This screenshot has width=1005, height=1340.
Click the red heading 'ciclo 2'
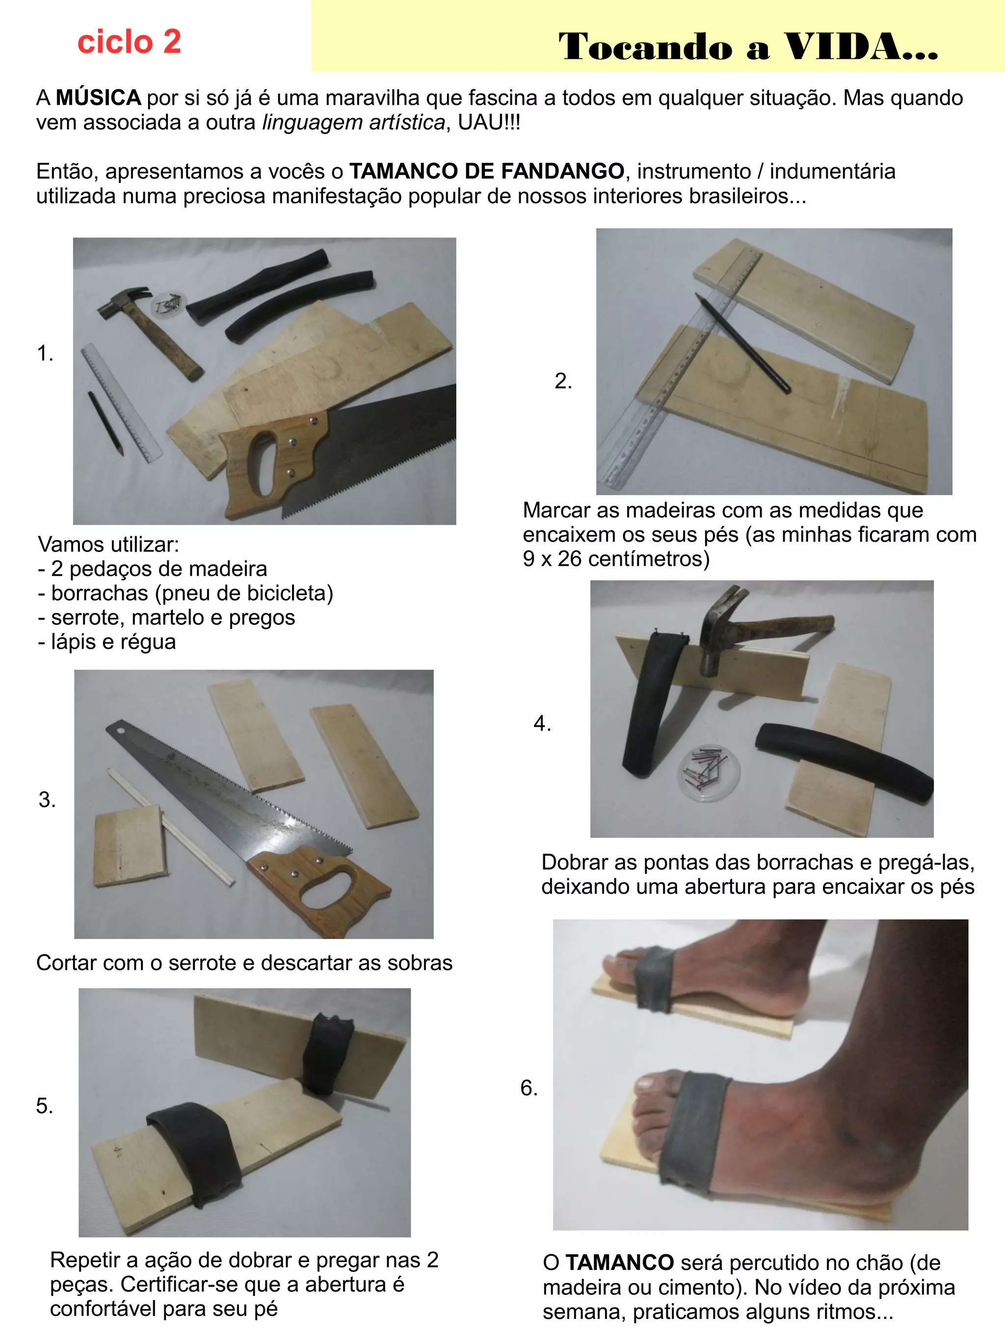pyautogui.click(x=129, y=42)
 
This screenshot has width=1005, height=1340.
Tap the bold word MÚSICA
pyautogui.click(x=98, y=98)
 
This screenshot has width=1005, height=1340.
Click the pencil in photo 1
pyautogui.click(x=106, y=423)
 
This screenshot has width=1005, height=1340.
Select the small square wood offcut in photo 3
pyautogui.click(x=131, y=846)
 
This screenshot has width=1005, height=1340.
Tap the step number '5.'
pyautogui.click(x=44, y=1106)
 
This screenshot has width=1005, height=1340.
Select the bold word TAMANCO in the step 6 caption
pyautogui.click(x=619, y=1263)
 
